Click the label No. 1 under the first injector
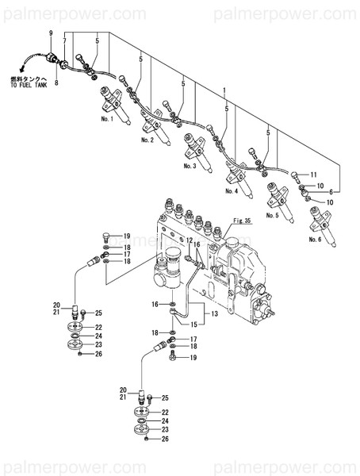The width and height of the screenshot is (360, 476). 108,119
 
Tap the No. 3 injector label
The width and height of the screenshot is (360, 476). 190,167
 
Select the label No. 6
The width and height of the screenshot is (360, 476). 316,239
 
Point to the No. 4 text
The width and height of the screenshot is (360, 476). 232,191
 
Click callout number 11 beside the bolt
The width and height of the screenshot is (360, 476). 313,174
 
